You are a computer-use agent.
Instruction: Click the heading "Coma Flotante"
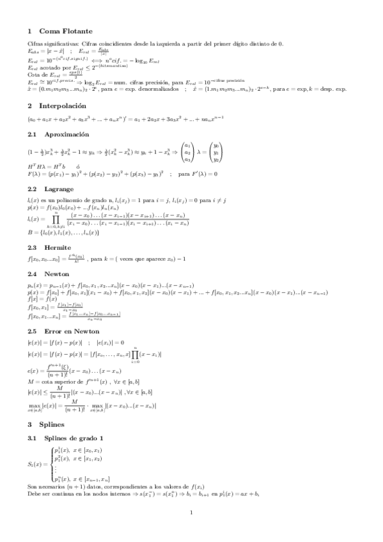click(x=66, y=31)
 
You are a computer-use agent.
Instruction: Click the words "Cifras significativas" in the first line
click(x=49, y=43)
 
